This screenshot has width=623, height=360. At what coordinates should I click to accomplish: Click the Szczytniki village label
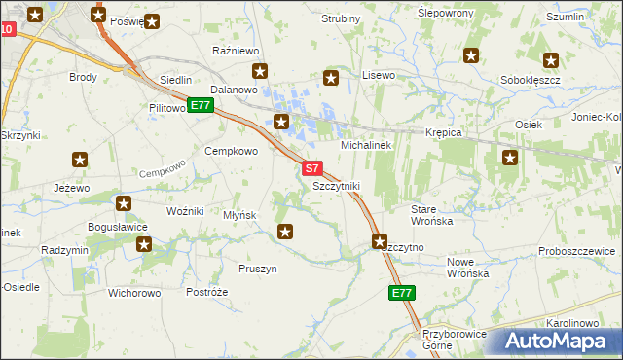click(x=336, y=185)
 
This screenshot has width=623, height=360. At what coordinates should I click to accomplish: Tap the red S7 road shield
click(x=311, y=168)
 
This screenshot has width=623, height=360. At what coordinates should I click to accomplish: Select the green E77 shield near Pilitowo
click(x=200, y=105)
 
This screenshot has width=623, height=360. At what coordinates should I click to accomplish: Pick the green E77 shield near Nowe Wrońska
click(x=402, y=293)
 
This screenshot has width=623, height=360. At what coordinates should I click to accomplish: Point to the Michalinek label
click(x=365, y=144)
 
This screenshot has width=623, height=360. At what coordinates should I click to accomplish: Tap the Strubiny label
click(x=341, y=18)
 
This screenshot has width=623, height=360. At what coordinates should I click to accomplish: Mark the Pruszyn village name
click(x=258, y=269)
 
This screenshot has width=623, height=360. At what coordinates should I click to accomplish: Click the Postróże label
click(x=206, y=292)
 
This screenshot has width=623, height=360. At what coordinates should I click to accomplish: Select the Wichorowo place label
click(x=134, y=292)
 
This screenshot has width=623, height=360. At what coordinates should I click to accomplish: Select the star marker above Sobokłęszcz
click(x=551, y=59)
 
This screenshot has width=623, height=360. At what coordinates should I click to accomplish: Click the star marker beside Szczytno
click(x=380, y=240)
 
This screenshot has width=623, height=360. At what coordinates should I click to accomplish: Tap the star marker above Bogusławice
click(x=124, y=203)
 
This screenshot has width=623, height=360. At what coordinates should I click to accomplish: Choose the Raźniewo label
click(x=234, y=50)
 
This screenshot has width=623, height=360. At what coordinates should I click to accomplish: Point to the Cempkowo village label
click(x=231, y=151)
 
